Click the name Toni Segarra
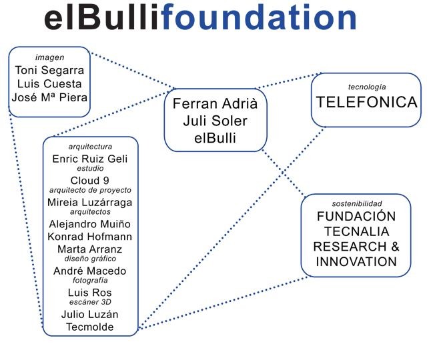coord(49,71)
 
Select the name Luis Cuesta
coord(49,84)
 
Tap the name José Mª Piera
coord(49,98)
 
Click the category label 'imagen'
coord(49,58)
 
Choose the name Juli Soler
coord(215,122)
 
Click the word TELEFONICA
coord(366,103)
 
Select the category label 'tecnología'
coord(366,87)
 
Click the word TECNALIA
coord(356,231)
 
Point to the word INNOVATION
coord(356,261)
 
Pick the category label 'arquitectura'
coord(90,146)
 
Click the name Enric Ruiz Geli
coord(90,158)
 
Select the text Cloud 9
coord(90,181)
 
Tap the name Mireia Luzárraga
coord(90,202)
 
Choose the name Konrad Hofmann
coord(90,237)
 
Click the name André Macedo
coord(90,271)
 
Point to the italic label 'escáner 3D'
coord(90,303)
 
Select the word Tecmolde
coord(90,326)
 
